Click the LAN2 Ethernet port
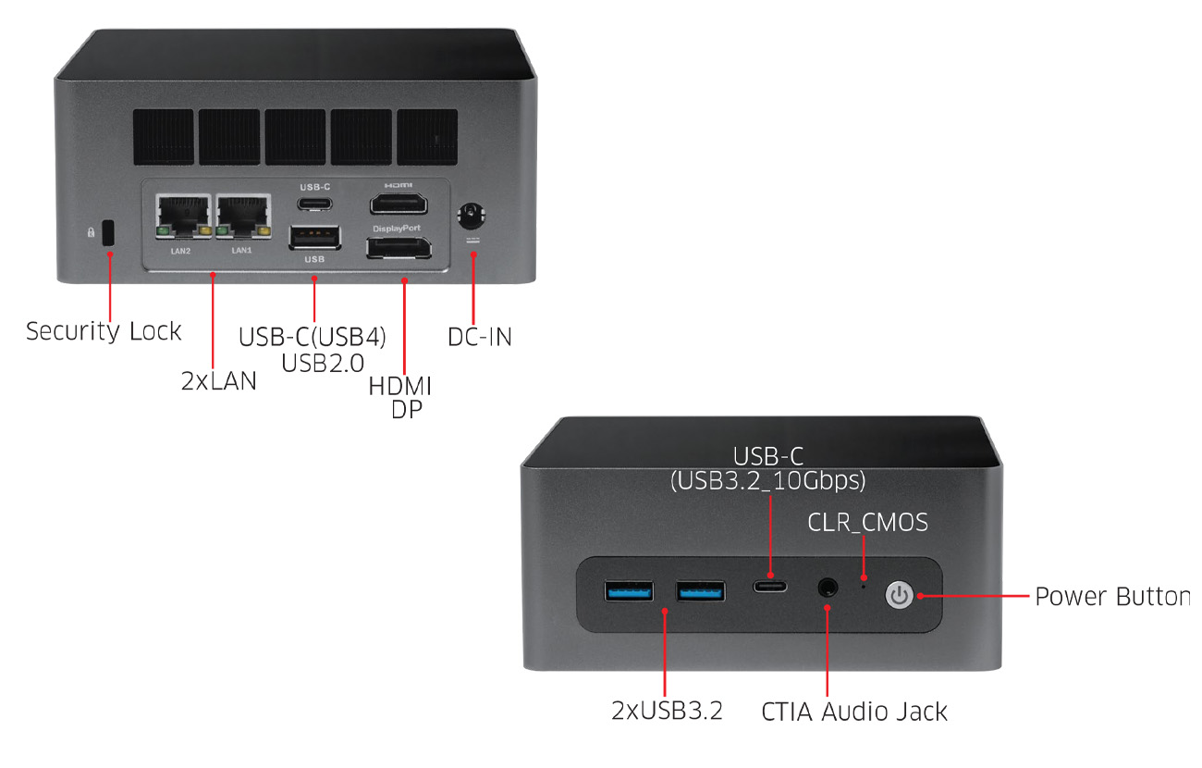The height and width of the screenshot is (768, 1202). click(x=183, y=216)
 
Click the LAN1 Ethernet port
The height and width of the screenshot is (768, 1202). click(x=243, y=216)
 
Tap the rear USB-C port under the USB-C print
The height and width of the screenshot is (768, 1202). click(x=315, y=204)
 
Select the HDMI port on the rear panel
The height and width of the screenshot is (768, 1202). click(x=399, y=204)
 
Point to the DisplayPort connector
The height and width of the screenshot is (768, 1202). click(x=399, y=248)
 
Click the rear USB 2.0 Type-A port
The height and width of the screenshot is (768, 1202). click(x=315, y=238)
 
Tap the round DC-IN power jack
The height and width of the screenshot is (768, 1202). click(x=472, y=217)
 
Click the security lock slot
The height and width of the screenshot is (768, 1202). click(x=108, y=232)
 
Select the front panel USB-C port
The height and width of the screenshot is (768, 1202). click(x=770, y=586)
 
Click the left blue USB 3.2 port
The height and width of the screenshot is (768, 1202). click(x=629, y=591)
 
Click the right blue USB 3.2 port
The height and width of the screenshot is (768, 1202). click(x=700, y=591)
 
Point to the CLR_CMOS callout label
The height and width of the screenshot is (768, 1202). click(x=867, y=523)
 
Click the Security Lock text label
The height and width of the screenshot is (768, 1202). click(x=104, y=331)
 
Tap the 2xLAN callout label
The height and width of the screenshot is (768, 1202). click(x=219, y=381)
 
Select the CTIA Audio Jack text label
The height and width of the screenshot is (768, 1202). click(x=854, y=712)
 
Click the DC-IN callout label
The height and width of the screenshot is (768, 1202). click(x=480, y=337)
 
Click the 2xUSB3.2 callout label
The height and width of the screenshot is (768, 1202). click(x=667, y=711)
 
